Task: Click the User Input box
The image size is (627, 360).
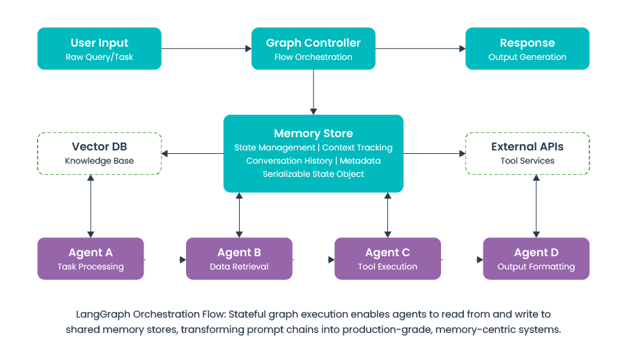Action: (99, 49)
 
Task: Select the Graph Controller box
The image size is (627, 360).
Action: (313, 49)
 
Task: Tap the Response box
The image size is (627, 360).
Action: (527, 49)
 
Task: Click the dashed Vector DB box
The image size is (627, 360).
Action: (99, 153)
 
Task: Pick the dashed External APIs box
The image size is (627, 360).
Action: (527, 153)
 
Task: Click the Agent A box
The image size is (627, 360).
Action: (91, 258)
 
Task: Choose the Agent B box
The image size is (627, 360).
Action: (239, 258)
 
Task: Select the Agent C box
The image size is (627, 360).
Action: (387, 258)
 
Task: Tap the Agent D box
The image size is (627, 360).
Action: (536, 258)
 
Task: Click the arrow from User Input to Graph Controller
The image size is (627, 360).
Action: (206, 49)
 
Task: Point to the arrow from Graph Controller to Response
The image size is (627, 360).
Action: (420, 49)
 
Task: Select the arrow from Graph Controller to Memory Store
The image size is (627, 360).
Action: (313, 91)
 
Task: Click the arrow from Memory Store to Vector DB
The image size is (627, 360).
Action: (192, 153)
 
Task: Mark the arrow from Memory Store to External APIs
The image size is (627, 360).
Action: (435, 153)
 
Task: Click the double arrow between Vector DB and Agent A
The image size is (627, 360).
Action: (91, 206)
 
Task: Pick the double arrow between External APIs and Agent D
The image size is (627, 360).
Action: (536, 206)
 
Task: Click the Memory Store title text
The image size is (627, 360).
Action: (313, 134)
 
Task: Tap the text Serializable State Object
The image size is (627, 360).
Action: (313, 174)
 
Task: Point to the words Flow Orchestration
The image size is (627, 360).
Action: (313, 57)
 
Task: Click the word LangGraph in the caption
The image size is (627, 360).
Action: (102, 314)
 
